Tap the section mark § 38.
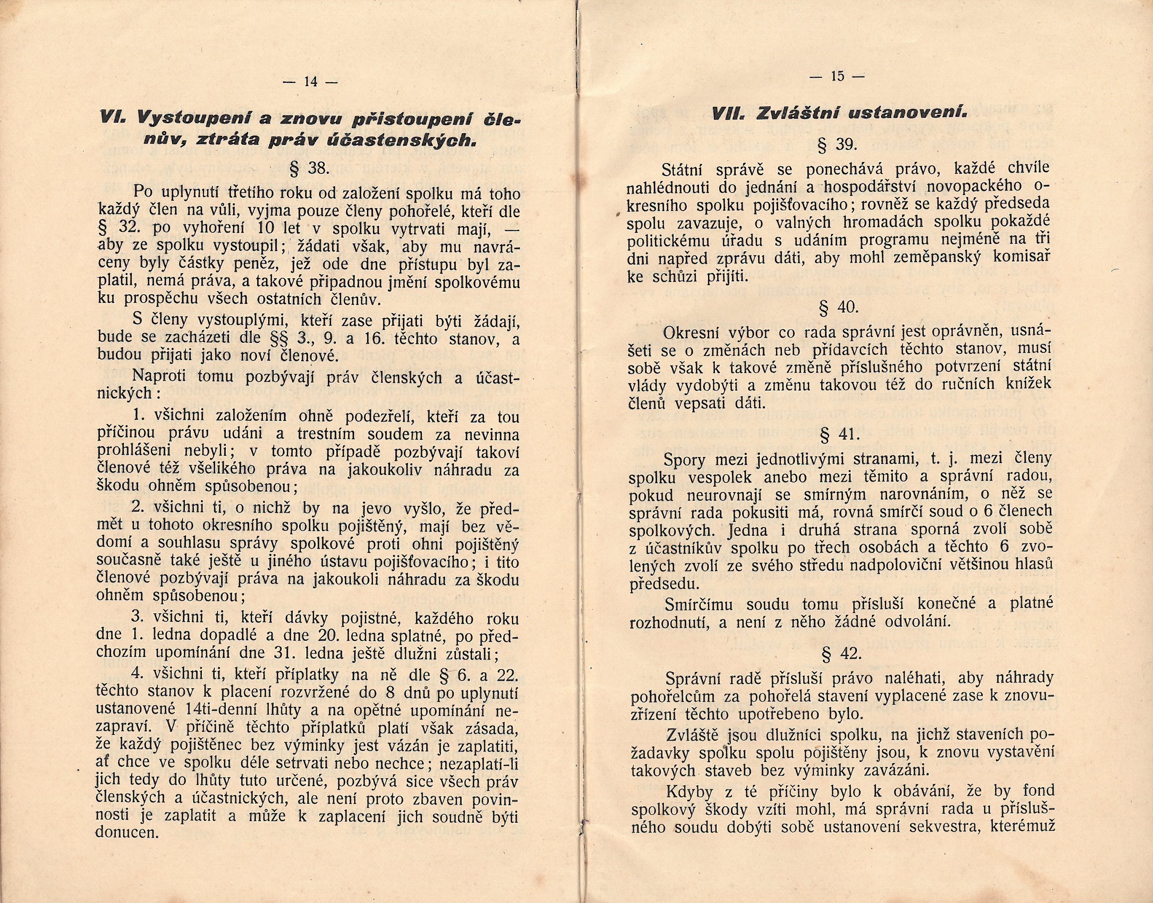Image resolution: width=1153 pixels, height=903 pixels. pos(311,169)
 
